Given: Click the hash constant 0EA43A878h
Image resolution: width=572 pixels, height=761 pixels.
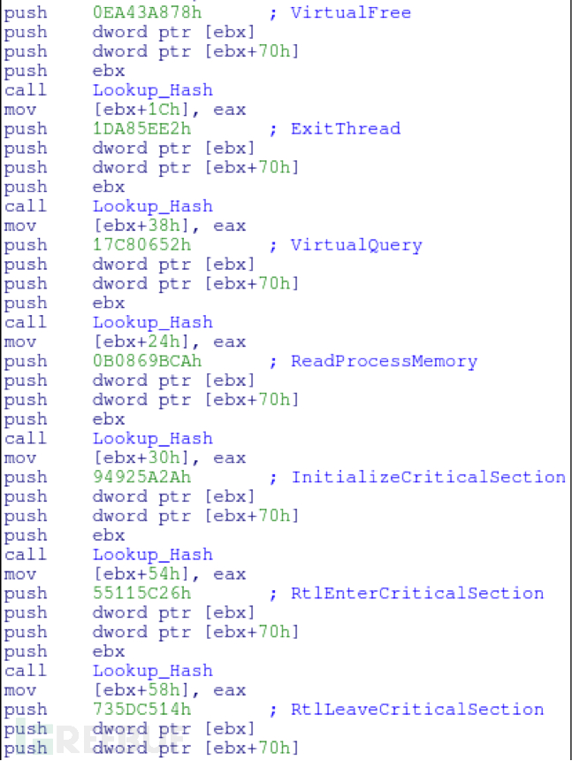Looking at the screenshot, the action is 147,12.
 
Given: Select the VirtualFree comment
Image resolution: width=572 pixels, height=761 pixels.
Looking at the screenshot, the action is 350,12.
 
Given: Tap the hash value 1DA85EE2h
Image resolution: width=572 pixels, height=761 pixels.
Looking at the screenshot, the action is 141,128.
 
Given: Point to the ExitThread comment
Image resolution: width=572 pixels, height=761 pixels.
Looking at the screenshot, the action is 345,128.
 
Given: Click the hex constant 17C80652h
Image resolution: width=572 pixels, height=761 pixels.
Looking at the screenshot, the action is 141,244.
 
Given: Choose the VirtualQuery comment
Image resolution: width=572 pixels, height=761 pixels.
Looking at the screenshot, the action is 355,245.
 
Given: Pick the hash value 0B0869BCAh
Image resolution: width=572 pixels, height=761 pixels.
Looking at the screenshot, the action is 147,361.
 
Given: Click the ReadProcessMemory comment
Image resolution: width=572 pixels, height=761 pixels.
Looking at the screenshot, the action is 384,361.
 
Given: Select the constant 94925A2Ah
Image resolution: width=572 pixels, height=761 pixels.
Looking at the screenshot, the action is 141,477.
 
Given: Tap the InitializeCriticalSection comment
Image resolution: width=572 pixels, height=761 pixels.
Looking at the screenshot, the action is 428,477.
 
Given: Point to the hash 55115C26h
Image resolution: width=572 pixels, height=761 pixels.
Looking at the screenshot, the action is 141,593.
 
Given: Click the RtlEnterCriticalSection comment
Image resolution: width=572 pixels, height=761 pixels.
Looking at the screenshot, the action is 416,593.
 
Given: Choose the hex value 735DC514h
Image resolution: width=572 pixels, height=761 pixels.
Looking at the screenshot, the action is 141,709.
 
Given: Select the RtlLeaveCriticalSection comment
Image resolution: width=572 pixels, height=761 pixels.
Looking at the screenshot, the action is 416,709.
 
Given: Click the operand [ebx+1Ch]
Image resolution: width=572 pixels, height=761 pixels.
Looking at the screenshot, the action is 141,110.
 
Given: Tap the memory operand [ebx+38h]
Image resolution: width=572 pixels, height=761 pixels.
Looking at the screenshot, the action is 141,226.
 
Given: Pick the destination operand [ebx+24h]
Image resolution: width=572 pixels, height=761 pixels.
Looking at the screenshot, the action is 141,342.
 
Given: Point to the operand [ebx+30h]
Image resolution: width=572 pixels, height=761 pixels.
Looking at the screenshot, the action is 141,457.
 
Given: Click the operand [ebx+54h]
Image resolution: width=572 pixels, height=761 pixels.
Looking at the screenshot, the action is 141,574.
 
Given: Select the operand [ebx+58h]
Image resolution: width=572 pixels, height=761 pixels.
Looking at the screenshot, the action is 141,690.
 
